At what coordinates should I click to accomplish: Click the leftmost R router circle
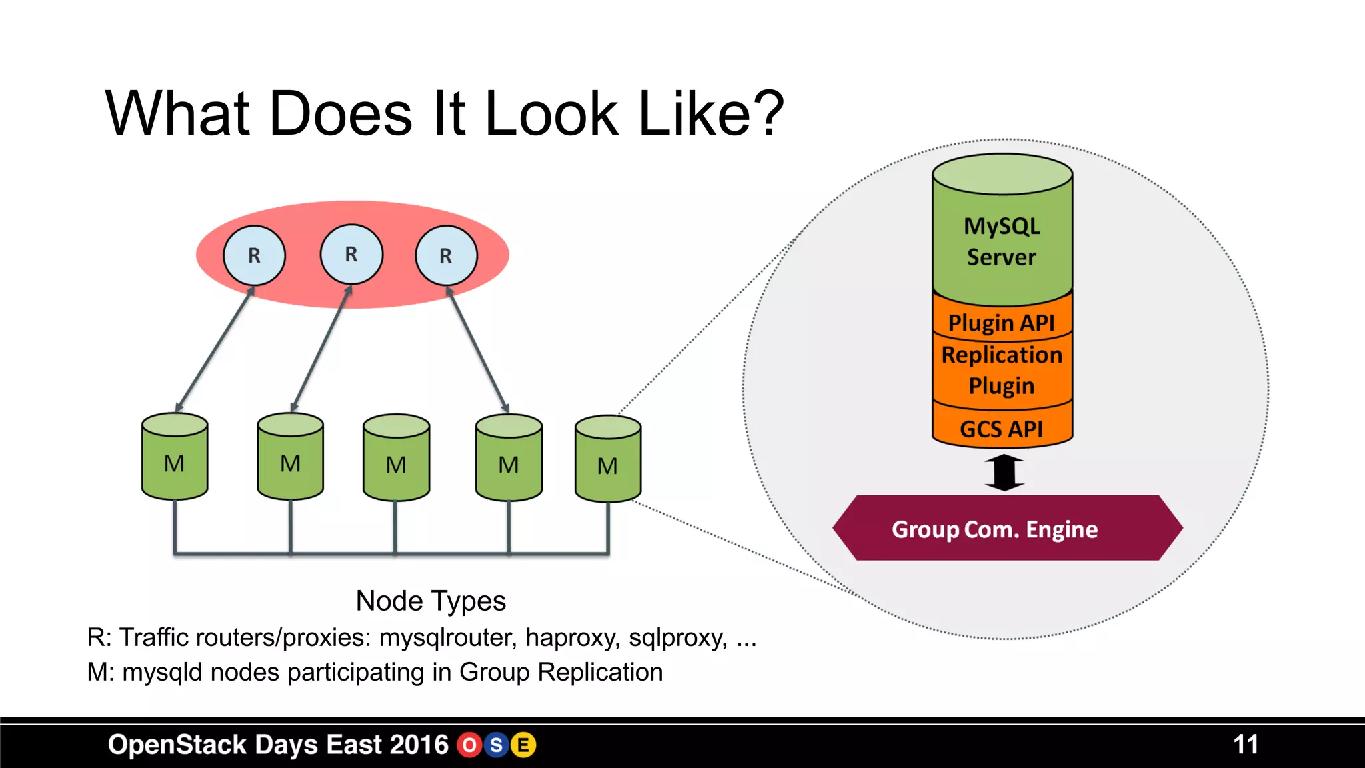254,255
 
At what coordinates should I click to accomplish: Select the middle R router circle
351,254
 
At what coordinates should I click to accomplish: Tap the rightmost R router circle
446,255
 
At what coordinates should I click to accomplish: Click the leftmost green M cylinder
175,457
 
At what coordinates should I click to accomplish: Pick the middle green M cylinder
396,459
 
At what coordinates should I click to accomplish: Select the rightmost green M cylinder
607,460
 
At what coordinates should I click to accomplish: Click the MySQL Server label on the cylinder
1002,241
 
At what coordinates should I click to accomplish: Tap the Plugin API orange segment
1002,323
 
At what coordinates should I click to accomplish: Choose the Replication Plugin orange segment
1002,370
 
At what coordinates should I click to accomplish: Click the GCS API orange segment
1002,429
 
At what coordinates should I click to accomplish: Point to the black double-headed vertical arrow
1004,472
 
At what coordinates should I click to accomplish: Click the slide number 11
1245,745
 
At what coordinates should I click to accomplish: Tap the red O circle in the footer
469,745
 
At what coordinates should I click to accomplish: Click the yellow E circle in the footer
523,745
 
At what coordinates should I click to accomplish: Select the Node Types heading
431,601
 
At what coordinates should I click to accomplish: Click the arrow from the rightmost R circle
477,349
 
